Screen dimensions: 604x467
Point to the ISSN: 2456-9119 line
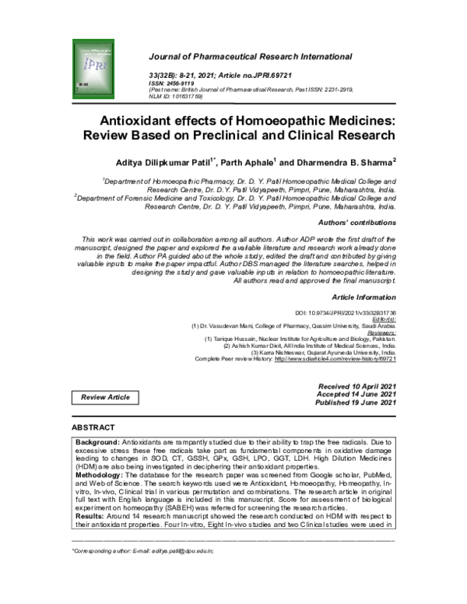[x=174, y=83]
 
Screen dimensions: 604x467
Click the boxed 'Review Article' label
[x=107, y=398]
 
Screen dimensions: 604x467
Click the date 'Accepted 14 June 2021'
[x=358, y=394]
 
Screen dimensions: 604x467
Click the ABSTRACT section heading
[x=93, y=428]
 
